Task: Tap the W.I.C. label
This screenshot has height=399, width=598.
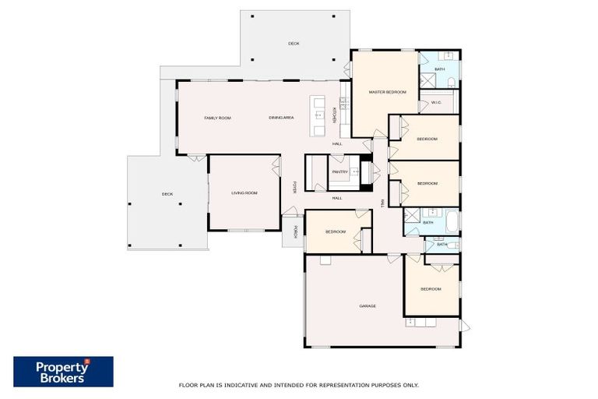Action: pos(436,102)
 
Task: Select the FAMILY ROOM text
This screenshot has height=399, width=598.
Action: pos(217,118)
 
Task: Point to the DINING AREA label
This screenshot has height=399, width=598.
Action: pos(281,118)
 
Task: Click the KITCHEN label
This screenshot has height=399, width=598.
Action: pos(335,114)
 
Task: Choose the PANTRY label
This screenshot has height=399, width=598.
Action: pos(339,171)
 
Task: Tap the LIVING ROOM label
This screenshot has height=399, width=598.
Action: pos(244,192)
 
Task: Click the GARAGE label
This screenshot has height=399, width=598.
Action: pos(368,305)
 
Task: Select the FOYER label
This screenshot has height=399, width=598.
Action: pos(294,188)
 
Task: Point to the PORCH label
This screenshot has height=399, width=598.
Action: pos(295,231)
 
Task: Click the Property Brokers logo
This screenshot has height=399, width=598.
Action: pos(63,372)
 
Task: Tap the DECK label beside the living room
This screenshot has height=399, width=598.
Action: pos(167,194)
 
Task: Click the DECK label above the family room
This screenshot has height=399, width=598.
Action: pos(294,44)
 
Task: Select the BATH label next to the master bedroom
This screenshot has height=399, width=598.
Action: pos(439,69)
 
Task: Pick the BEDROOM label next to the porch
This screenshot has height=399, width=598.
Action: pos(336,231)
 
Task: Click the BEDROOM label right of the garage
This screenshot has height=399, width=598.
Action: pos(431,289)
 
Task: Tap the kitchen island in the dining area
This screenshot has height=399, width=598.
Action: pos(317,116)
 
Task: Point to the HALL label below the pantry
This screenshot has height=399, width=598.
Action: pos(337,198)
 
